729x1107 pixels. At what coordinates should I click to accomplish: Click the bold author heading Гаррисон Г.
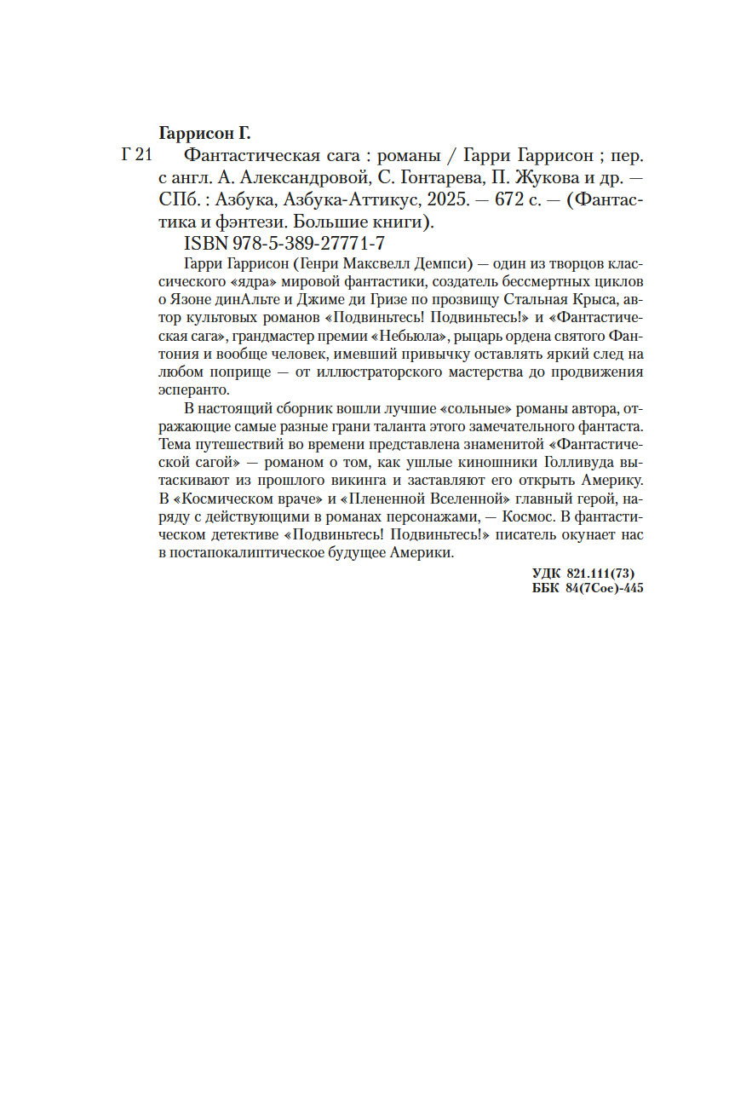pyautogui.click(x=207, y=135)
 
